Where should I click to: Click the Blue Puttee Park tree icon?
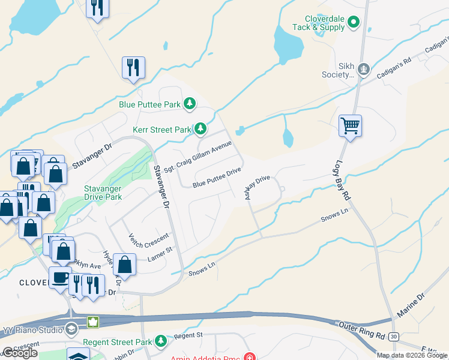click(x=190, y=104)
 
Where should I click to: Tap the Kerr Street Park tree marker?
click(x=200, y=129)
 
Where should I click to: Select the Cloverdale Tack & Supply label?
click(x=318, y=23)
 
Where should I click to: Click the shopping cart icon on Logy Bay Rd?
click(x=350, y=126)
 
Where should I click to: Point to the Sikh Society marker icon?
click(x=363, y=70)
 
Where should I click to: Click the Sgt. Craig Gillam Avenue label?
click(x=198, y=155)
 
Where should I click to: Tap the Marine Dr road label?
click(x=411, y=305)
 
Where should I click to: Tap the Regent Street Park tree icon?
click(x=160, y=341)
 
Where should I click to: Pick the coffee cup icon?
click(x=59, y=277)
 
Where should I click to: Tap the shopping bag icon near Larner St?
click(x=124, y=263)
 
